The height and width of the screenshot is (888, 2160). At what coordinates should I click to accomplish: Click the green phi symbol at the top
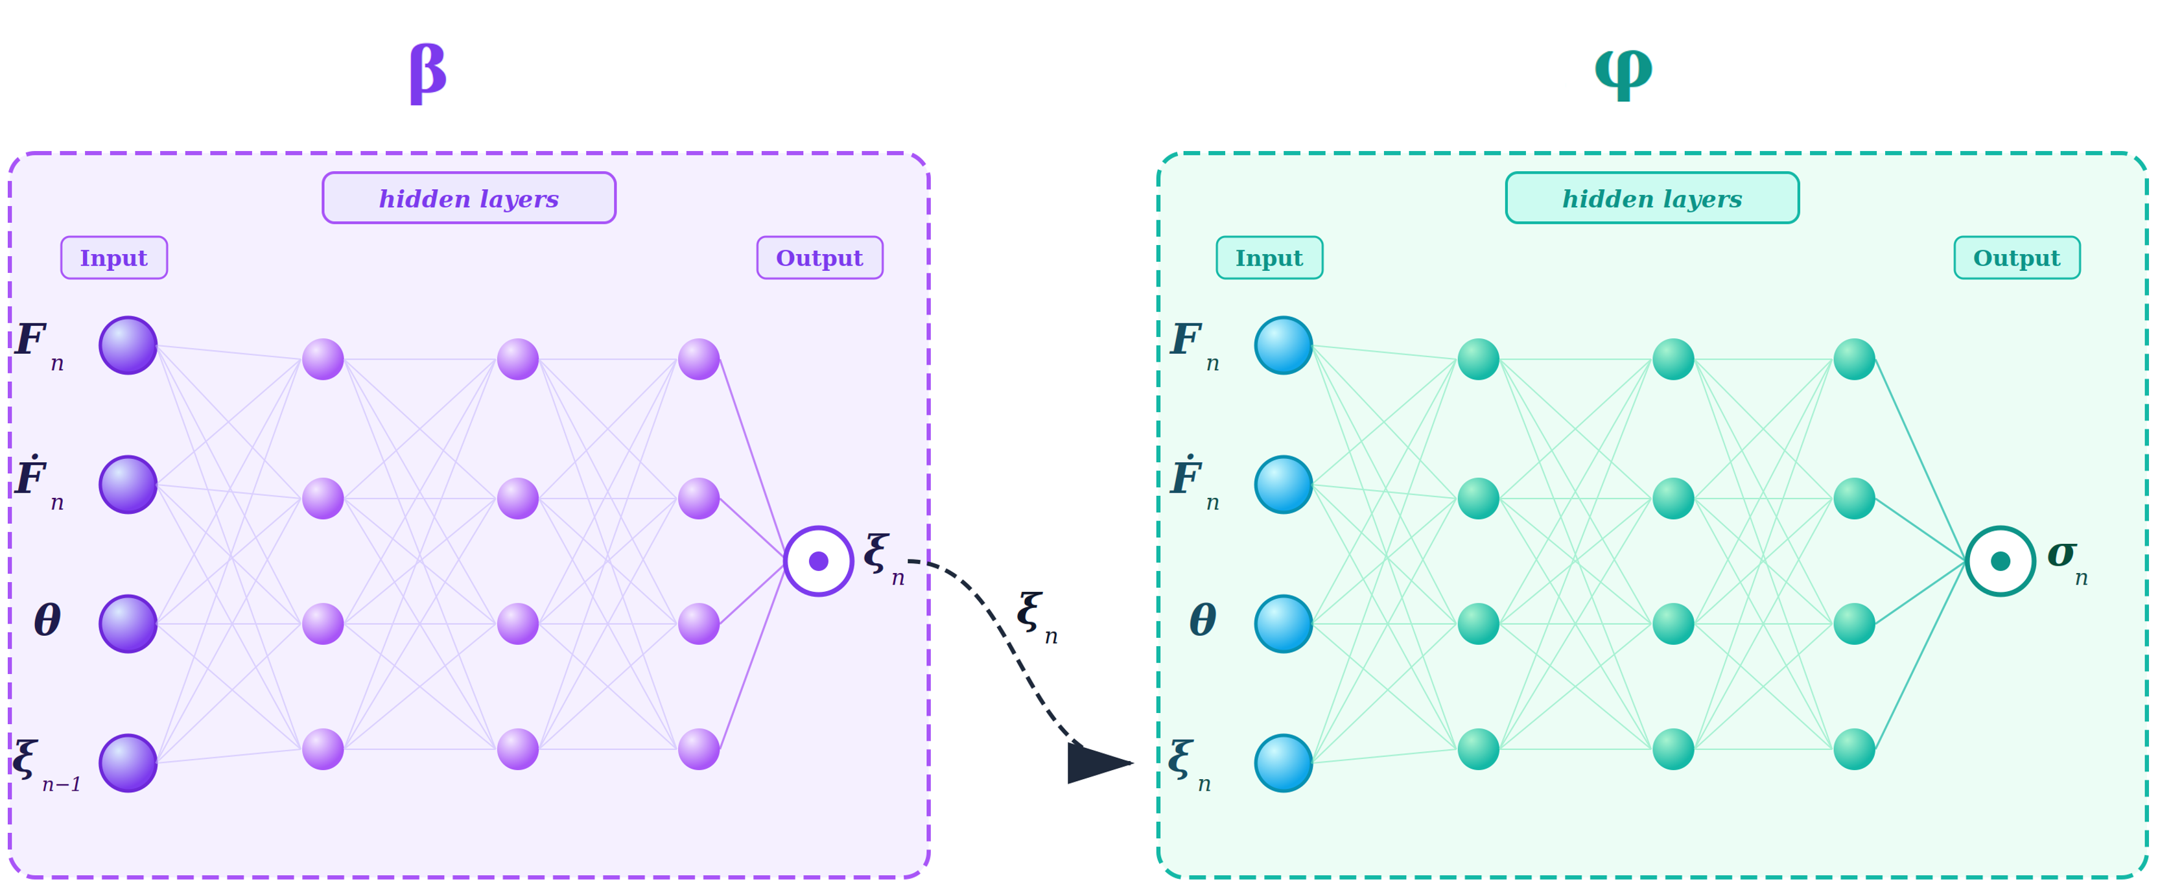[1623, 72]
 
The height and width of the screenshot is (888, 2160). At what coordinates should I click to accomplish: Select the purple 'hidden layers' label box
[469, 199]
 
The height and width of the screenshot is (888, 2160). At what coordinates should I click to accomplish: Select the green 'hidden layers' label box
[1652, 199]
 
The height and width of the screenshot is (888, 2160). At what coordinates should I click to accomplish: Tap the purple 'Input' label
[114, 258]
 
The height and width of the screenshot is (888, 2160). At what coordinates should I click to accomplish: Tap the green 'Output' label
[2017, 258]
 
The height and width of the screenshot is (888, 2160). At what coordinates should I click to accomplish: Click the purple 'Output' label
[819, 258]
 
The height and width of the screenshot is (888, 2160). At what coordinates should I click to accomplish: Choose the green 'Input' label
[1269, 258]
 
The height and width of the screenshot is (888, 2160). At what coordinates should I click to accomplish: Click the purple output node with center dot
[818, 561]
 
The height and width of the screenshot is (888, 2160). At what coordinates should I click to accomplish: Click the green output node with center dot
[2000, 561]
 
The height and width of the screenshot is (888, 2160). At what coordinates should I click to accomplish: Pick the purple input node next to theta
[128, 624]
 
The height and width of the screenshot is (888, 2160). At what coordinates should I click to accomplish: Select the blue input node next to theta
[1283, 624]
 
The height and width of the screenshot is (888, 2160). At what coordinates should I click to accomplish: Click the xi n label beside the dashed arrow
[1035, 617]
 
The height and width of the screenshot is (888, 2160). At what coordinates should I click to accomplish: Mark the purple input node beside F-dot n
[128, 485]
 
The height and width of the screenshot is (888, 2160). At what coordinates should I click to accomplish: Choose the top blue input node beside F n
[1283, 345]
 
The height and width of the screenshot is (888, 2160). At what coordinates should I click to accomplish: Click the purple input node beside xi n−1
[128, 763]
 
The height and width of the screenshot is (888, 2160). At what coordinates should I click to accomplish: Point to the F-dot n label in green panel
[1192, 482]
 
